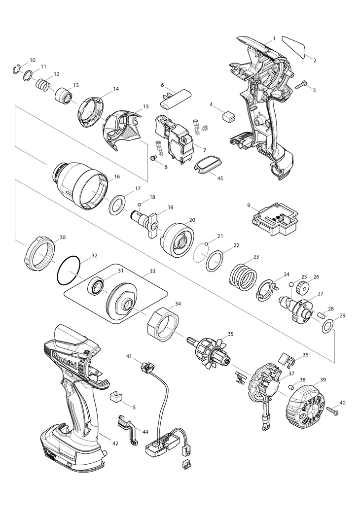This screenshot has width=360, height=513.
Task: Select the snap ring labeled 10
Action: click(x=16, y=69)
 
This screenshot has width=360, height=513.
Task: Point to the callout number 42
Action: click(x=115, y=444)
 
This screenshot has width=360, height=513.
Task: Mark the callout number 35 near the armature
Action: click(x=230, y=335)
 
